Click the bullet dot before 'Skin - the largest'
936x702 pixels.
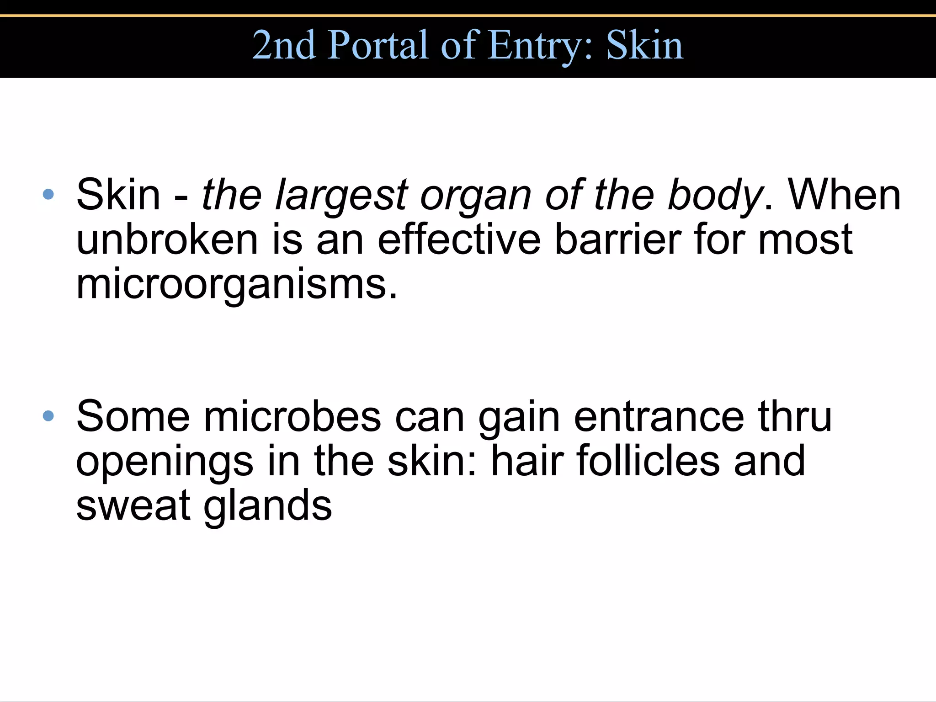click(x=48, y=195)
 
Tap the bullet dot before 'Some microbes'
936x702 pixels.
click(x=48, y=416)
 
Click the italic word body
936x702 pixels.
click(x=715, y=196)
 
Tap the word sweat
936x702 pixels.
click(x=133, y=505)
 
